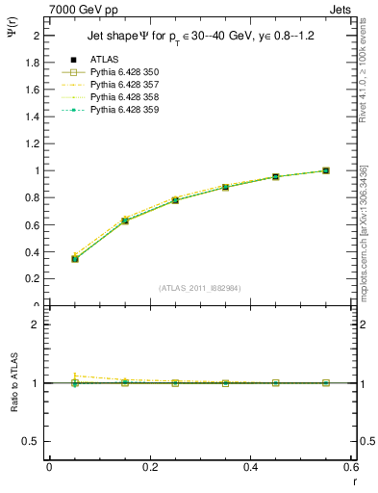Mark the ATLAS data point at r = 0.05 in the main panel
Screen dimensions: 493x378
(75, 258)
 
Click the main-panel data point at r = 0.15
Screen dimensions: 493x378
(125, 221)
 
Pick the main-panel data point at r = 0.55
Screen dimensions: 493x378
(326, 170)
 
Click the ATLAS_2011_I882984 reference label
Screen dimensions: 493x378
(200, 287)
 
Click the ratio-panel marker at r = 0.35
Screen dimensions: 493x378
(225, 382)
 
